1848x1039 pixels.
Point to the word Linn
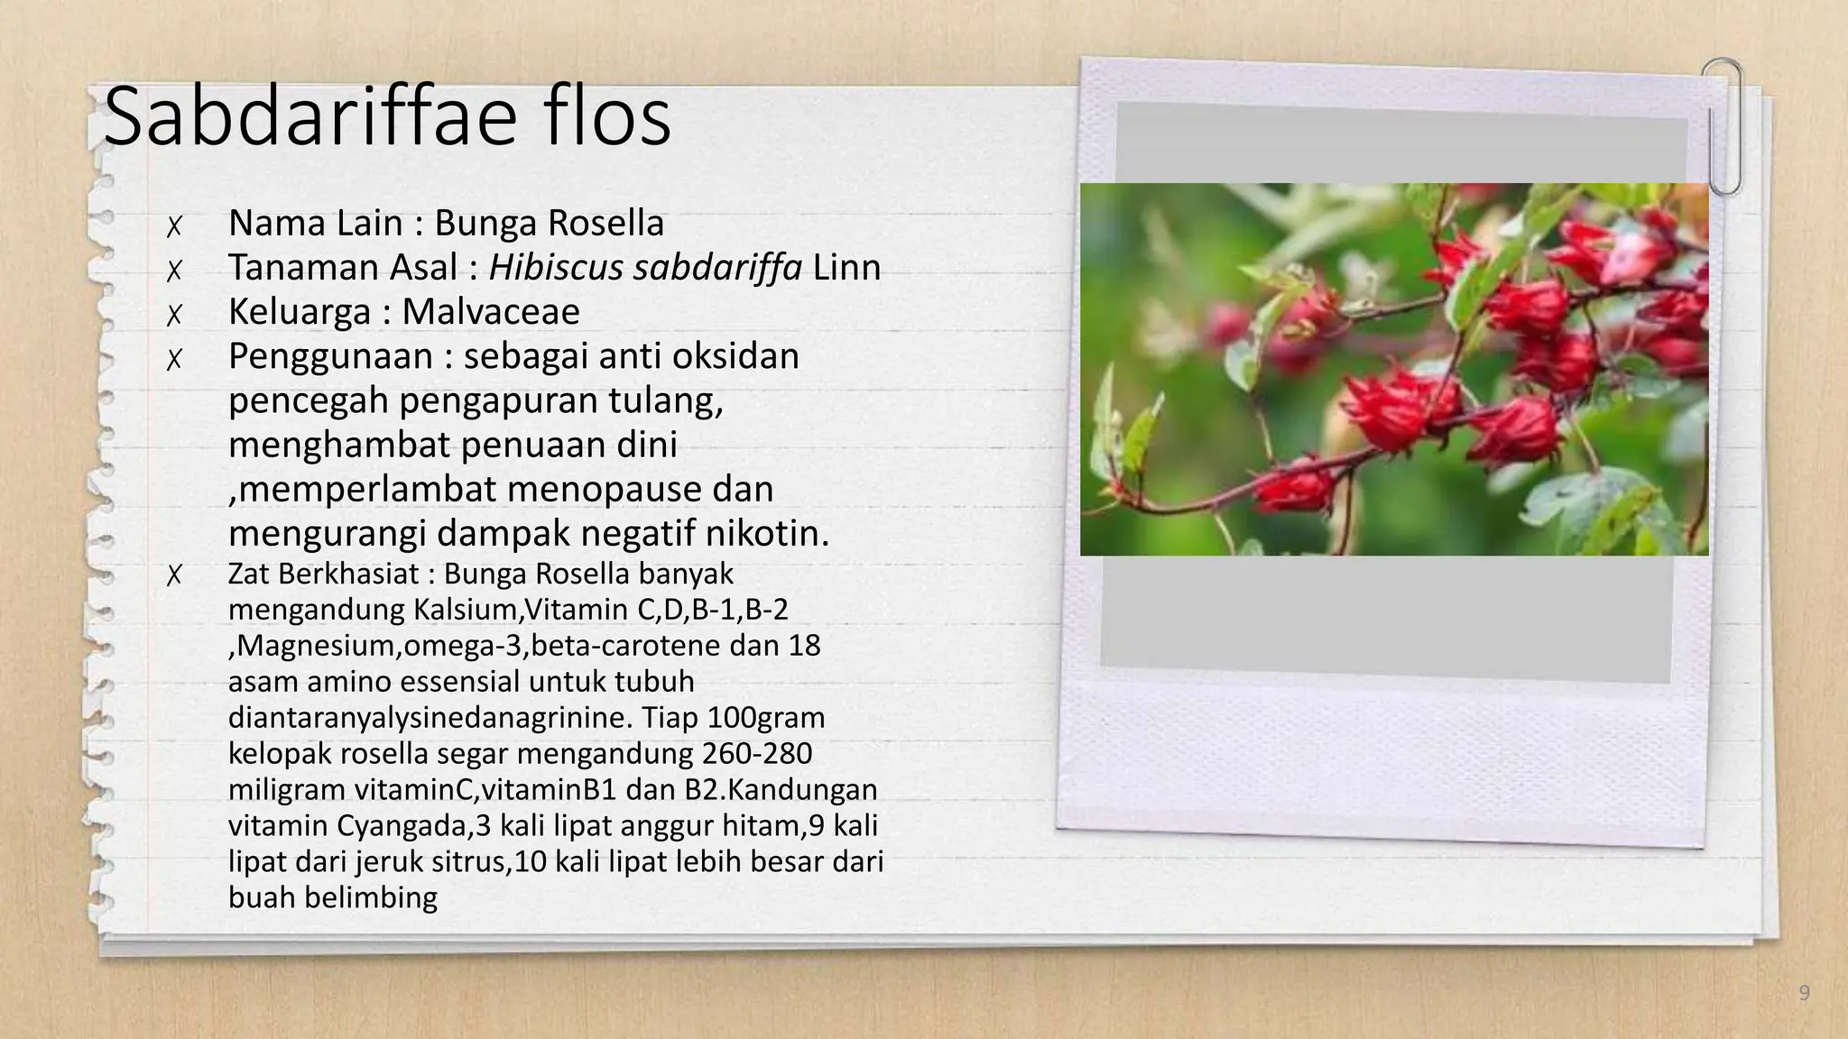[846, 267]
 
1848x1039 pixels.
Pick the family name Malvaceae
[490, 311]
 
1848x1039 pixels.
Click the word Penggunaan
[330, 357]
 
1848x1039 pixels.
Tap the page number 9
[1804, 993]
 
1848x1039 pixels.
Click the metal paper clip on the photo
[1723, 126]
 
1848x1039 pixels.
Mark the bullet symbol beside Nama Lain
[174, 225]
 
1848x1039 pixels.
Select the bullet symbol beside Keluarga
[174, 314]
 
